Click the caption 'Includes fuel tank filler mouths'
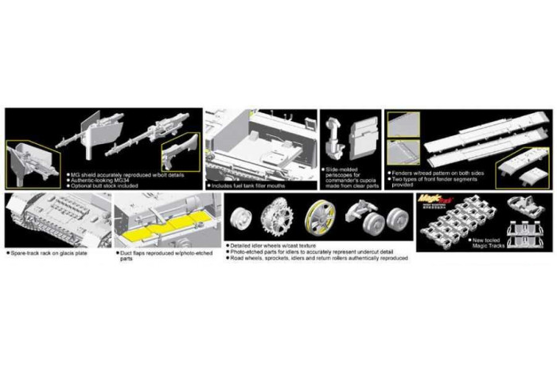(x=250, y=185)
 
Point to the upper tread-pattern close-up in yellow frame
(x=403, y=123)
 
